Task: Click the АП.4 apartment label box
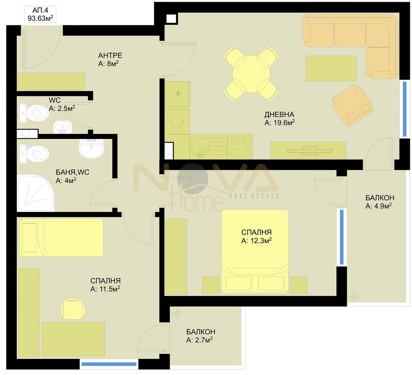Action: [40, 14]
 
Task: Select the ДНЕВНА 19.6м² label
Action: [279, 118]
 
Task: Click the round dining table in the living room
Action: [251, 74]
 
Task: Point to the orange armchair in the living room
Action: [353, 105]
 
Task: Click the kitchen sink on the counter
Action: [201, 147]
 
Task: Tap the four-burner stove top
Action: [240, 147]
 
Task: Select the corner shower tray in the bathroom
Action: [36, 193]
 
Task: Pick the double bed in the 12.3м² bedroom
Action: [255, 251]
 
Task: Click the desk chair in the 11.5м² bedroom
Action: [73, 308]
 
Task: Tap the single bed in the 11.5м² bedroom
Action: [62, 237]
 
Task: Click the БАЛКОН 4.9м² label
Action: [379, 201]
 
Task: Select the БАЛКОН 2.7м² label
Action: [200, 336]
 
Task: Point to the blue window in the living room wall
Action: [405, 109]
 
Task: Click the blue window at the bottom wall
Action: [109, 364]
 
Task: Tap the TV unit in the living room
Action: [308, 151]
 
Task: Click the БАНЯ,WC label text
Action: [72, 172]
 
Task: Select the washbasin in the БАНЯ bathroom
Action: [92, 148]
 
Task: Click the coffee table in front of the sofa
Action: [331, 69]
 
